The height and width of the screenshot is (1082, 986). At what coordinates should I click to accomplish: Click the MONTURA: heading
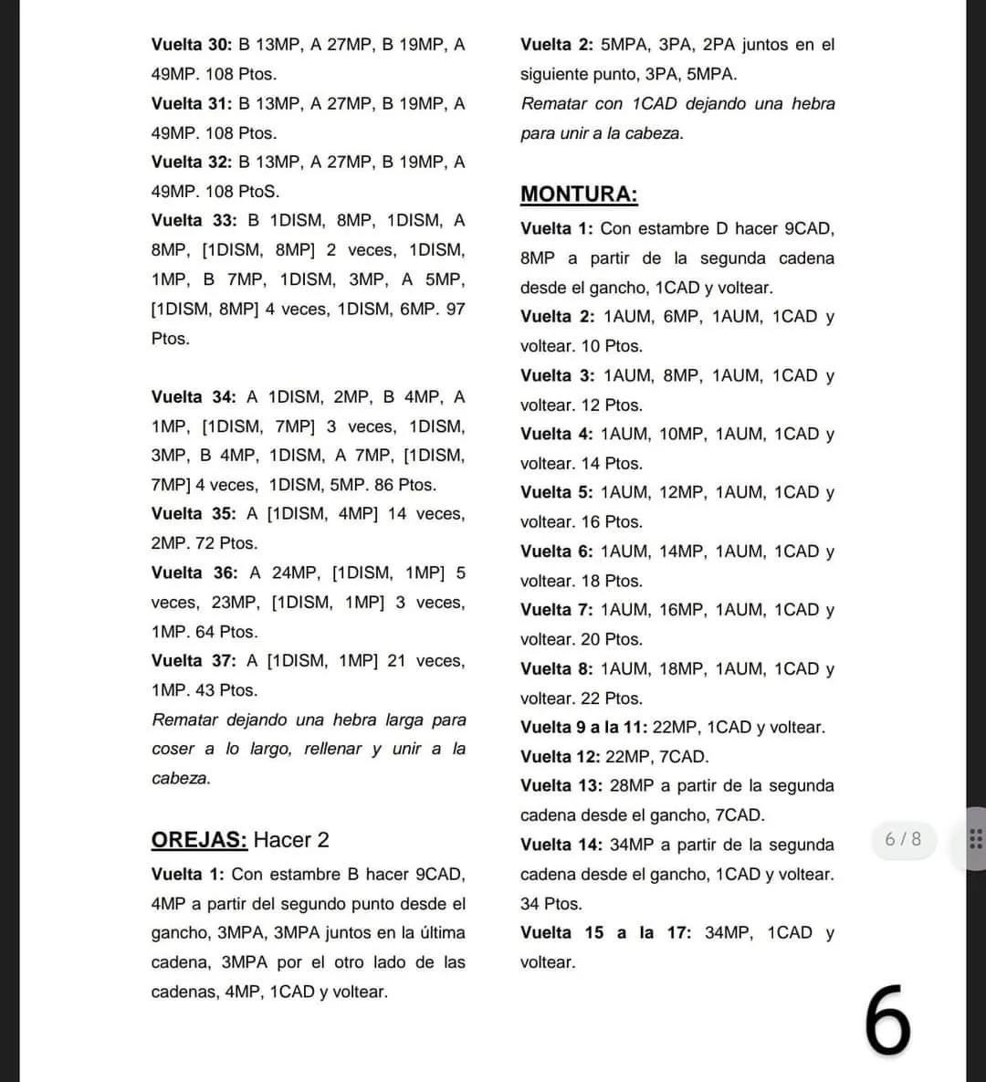pyautogui.click(x=579, y=194)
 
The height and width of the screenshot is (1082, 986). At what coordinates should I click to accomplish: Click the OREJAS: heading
pyautogui.click(x=199, y=840)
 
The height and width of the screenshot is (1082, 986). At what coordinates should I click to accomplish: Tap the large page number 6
pyautogui.click(x=887, y=1021)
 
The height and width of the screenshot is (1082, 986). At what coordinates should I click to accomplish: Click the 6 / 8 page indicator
pyautogui.click(x=903, y=838)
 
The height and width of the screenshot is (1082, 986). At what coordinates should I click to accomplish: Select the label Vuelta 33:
pyautogui.click(x=194, y=220)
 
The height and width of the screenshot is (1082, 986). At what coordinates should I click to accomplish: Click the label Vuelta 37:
pyautogui.click(x=193, y=660)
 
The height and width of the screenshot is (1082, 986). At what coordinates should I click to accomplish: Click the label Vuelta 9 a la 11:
pyautogui.click(x=583, y=727)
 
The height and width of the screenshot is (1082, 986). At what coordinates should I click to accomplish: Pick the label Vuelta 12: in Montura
pyautogui.click(x=560, y=756)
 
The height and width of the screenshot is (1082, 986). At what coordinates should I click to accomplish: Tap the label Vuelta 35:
pyautogui.click(x=193, y=514)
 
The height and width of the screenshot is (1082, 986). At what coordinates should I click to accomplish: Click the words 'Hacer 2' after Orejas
pyautogui.click(x=291, y=840)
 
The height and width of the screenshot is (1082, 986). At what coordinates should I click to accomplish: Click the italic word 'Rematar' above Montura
pyautogui.click(x=553, y=104)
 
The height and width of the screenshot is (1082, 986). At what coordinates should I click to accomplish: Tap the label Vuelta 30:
pyautogui.click(x=192, y=45)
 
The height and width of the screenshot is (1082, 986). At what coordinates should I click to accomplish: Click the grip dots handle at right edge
pyautogui.click(x=975, y=838)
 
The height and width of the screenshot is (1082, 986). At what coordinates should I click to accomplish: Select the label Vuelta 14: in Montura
pyautogui.click(x=561, y=845)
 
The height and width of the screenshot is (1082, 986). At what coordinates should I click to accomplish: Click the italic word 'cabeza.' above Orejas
pyautogui.click(x=181, y=778)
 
